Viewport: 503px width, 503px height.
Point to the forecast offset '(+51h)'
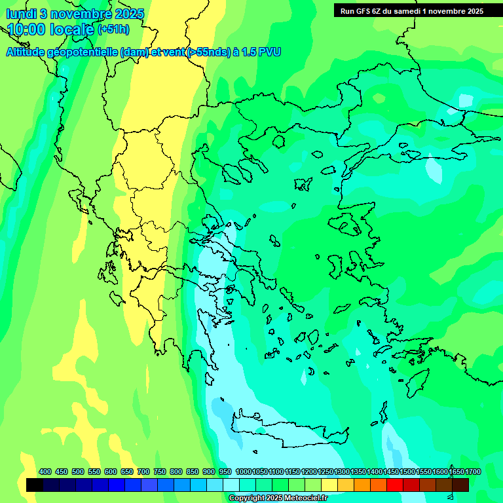[x=113, y=29]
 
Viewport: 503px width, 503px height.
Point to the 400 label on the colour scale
[x=45, y=472]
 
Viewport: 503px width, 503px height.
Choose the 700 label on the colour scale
[x=143, y=472]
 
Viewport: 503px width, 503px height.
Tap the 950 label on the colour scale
[x=225, y=472]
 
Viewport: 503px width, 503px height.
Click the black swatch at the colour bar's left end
[x=35, y=485]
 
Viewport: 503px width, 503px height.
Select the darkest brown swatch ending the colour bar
[x=460, y=485]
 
